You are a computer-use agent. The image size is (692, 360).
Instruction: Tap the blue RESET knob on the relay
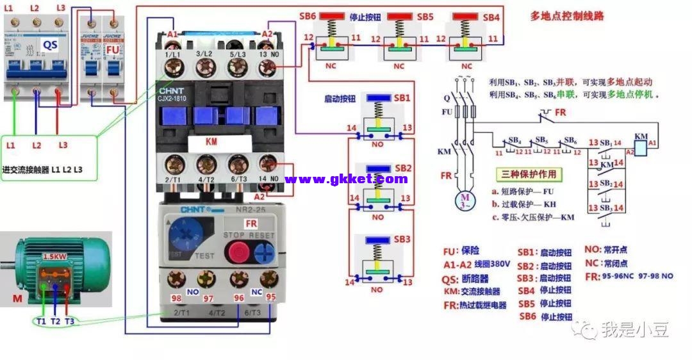click(x=263, y=251)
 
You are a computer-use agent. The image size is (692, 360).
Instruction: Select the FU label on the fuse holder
click(x=112, y=48)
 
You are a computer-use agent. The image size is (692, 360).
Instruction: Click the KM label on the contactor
click(x=211, y=142)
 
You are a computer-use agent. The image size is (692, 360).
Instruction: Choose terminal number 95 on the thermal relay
click(x=271, y=297)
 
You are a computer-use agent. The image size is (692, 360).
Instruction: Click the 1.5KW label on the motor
click(x=54, y=256)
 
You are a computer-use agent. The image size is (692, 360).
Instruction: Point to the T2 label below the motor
click(x=55, y=321)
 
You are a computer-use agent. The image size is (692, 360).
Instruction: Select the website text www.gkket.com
click(x=346, y=179)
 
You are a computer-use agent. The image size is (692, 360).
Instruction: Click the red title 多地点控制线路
click(x=567, y=15)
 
